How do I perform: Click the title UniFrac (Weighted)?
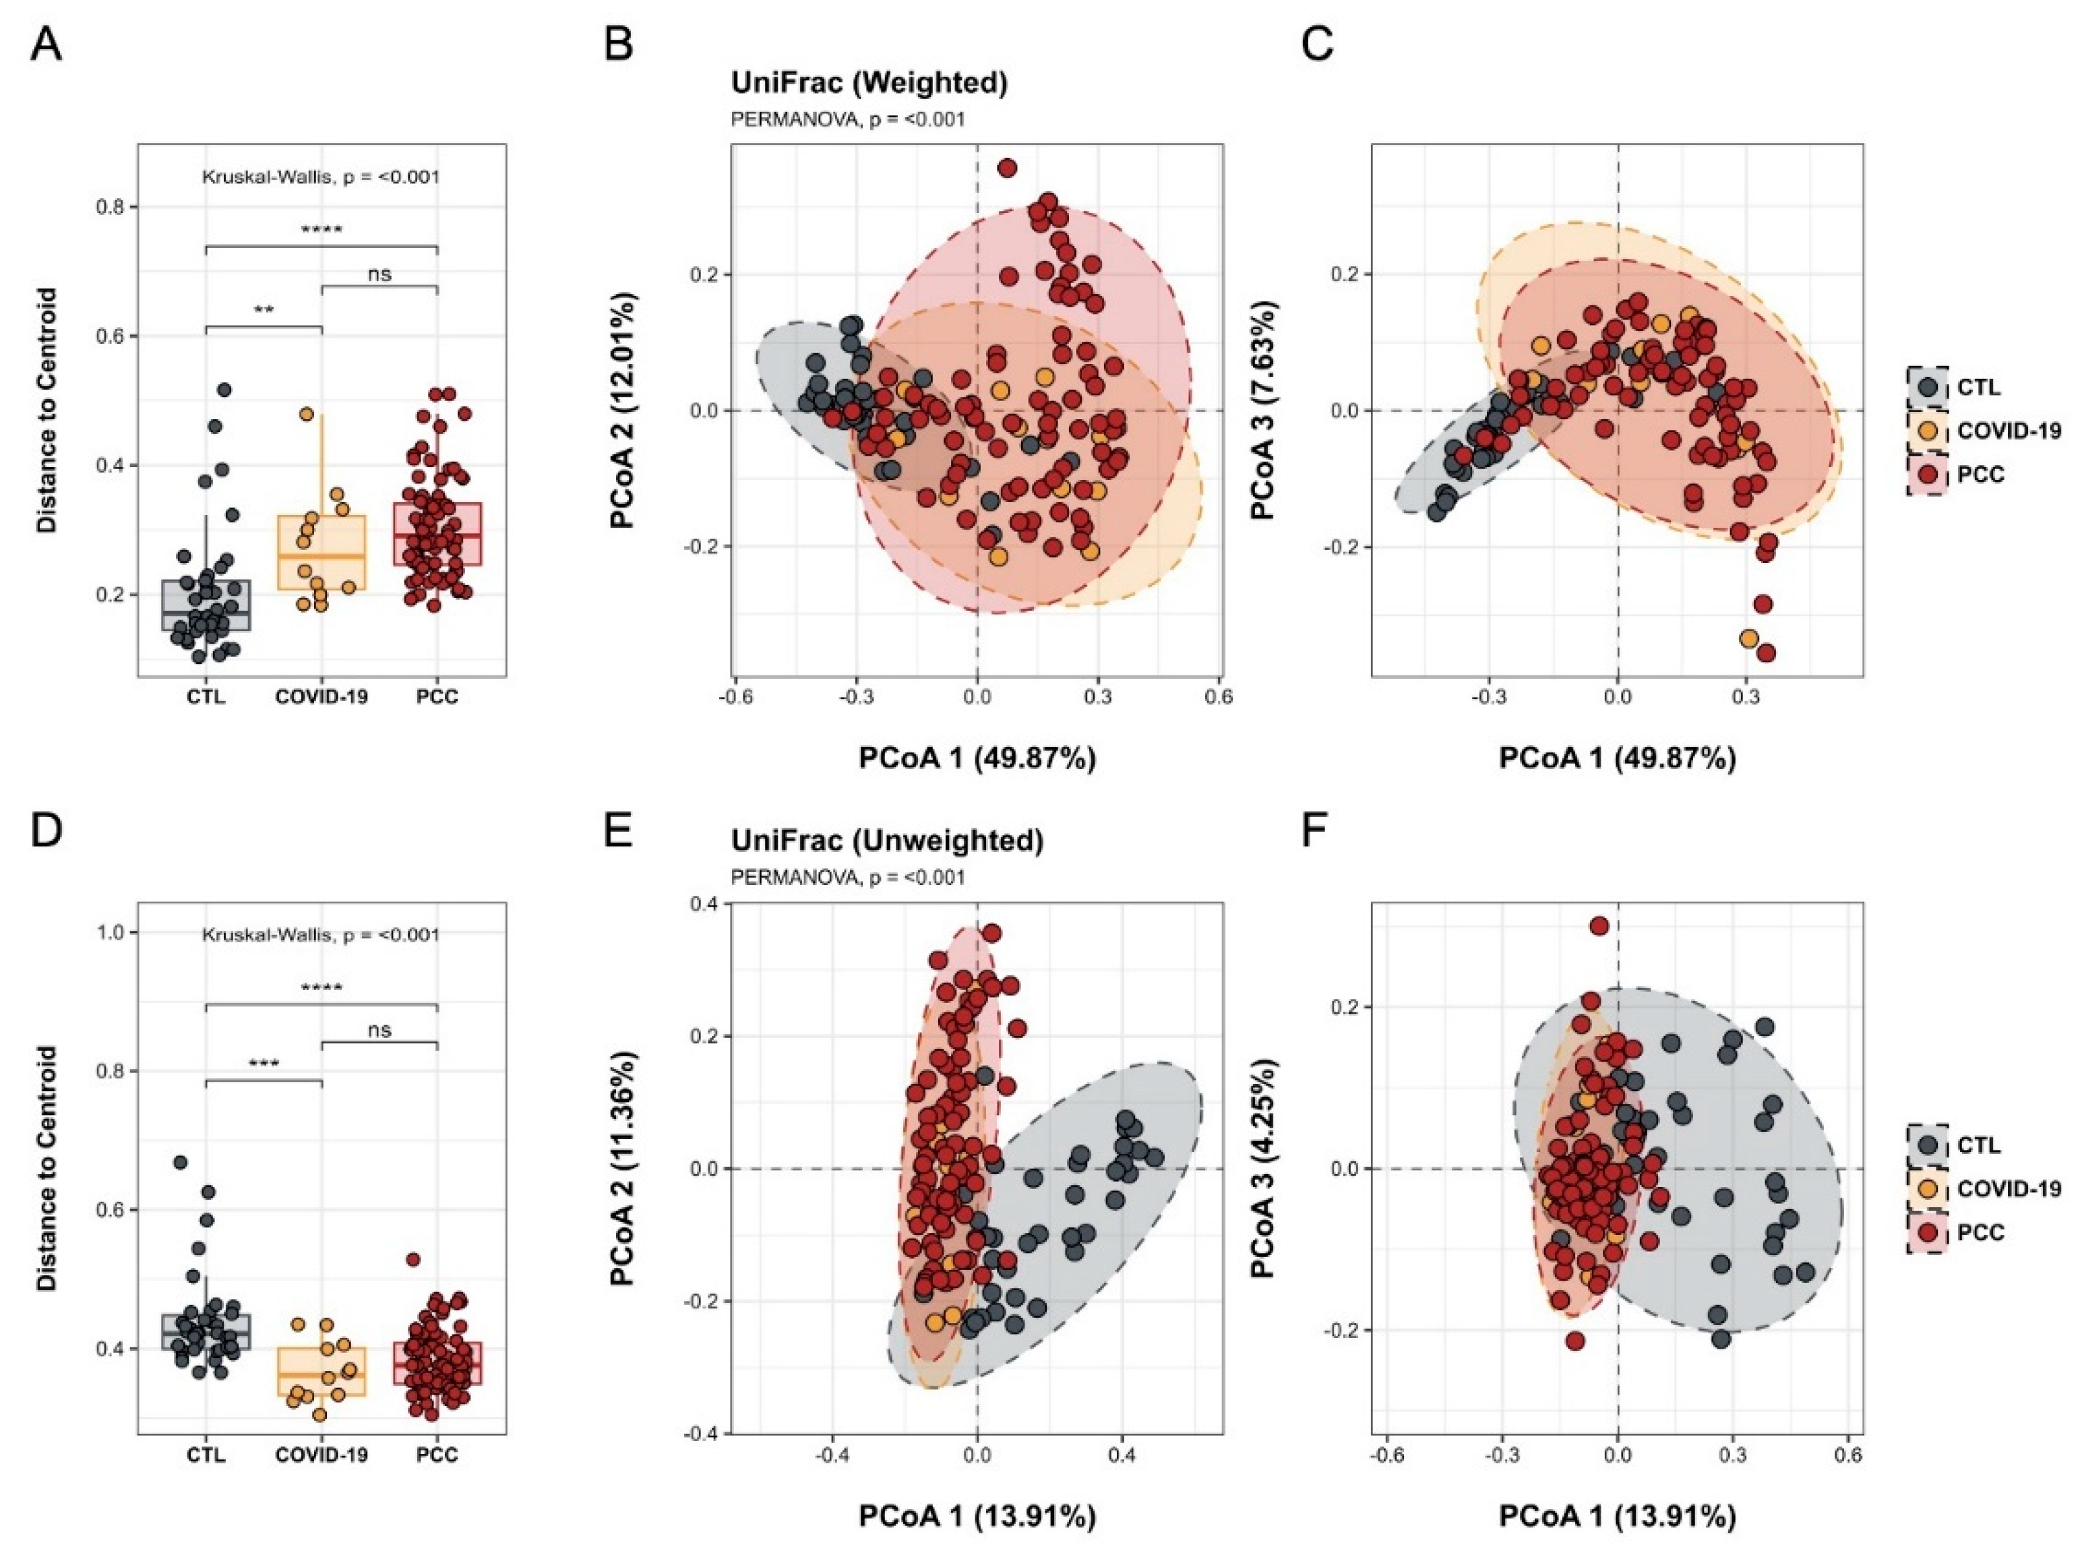click(869, 83)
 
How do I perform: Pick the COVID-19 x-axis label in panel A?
click(322, 696)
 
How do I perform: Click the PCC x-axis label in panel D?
click(437, 1455)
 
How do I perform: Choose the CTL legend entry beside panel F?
click(1978, 1145)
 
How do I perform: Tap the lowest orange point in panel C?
click(1748, 638)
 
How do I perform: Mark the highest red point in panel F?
click(1599, 926)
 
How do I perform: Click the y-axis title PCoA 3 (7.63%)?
click(1262, 410)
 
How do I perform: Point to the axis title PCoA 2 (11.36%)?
click(621, 1169)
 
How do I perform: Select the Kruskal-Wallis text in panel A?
click(321, 177)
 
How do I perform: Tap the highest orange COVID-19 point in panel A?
click(307, 414)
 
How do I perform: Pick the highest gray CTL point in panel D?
click(181, 1163)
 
